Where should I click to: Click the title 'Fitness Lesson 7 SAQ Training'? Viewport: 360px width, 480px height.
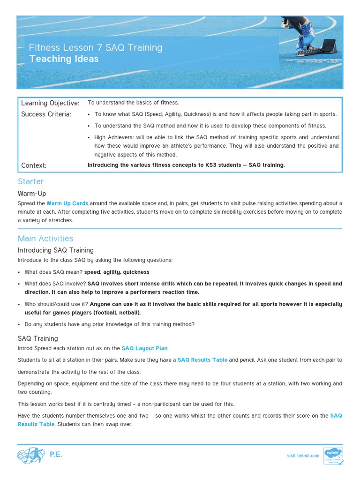tap(96, 47)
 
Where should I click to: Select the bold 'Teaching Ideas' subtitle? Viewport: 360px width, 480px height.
tap(64, 59)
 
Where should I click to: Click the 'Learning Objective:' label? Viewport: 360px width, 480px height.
tap(50, 103)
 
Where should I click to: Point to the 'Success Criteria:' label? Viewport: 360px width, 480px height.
tap(46, 114)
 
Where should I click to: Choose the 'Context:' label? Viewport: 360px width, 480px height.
tap(34, 165)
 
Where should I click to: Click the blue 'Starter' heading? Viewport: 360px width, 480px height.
tap(31, 181)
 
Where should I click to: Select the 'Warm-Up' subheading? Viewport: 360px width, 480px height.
tap(32, 193)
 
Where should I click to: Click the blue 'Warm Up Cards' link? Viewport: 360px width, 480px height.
tap(67, 203)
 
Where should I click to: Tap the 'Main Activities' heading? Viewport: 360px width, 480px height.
tap(45, 239)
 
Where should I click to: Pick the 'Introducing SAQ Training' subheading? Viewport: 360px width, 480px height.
tap(56, 250)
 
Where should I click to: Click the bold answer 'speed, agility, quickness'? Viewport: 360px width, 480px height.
tap(117, 272)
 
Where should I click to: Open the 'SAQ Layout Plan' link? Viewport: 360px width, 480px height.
tap(144, 348)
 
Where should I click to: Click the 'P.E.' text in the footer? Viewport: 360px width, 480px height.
tap(56, 455)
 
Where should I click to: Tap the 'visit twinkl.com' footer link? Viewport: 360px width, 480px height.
tap(303, 456)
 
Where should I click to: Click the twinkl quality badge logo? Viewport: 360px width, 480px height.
tap(333, 456)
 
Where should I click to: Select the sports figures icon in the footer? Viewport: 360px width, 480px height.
tap(31, 455)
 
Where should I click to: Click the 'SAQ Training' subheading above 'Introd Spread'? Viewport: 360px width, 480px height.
tap(38, 338)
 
